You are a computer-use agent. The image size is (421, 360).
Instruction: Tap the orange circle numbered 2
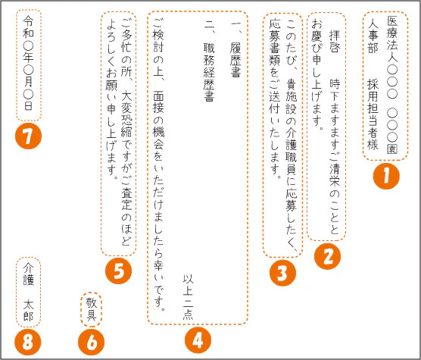tap(328, 256)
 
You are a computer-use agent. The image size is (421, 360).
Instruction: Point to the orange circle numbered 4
tap(197, 340)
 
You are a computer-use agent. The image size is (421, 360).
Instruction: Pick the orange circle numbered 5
tap(118, 272)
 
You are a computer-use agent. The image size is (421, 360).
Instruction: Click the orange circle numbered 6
tap(92, 342)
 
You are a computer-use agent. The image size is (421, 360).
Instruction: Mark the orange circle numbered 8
tap(29, 342)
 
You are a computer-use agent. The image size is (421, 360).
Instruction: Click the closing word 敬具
tap(91, 309)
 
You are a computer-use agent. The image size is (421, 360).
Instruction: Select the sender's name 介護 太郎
tap(30, 291)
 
